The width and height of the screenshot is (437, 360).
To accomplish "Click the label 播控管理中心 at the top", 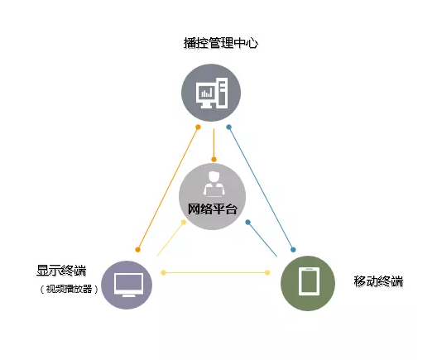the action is [221, 43].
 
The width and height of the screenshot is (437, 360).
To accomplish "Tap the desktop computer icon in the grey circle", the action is [212, 94].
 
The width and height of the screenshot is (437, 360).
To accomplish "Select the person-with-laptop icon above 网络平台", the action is [214, 184].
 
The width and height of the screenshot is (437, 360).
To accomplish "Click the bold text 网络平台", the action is [213, 209].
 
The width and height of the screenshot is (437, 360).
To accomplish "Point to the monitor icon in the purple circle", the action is [128, 285].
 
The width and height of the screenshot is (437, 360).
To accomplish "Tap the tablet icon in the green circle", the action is [309, 281].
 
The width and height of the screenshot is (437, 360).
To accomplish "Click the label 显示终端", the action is [61, 271].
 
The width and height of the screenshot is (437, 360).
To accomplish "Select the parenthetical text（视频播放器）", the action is [69, 289].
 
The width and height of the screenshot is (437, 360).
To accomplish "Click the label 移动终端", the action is [378, 281].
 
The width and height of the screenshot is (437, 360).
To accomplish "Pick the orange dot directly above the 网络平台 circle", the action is [214, 160].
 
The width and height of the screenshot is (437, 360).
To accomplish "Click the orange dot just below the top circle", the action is [198, 127].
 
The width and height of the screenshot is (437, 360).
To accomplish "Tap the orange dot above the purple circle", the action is [137, 250].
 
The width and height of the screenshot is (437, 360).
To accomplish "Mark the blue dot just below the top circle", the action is [228, 127].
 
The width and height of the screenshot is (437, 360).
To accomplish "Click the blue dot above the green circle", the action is [293, 250].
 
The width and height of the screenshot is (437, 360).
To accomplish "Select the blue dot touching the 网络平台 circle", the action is [247, 222].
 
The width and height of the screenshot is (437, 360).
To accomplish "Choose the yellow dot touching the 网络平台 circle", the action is [184, 222].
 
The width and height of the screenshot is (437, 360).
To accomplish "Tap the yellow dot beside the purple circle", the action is [164, 272].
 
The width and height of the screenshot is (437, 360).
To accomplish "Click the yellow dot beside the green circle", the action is [267, 272].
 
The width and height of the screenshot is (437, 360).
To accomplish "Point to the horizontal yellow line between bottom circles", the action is [215, 272].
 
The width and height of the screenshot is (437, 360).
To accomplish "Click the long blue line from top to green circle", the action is [261, 189].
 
